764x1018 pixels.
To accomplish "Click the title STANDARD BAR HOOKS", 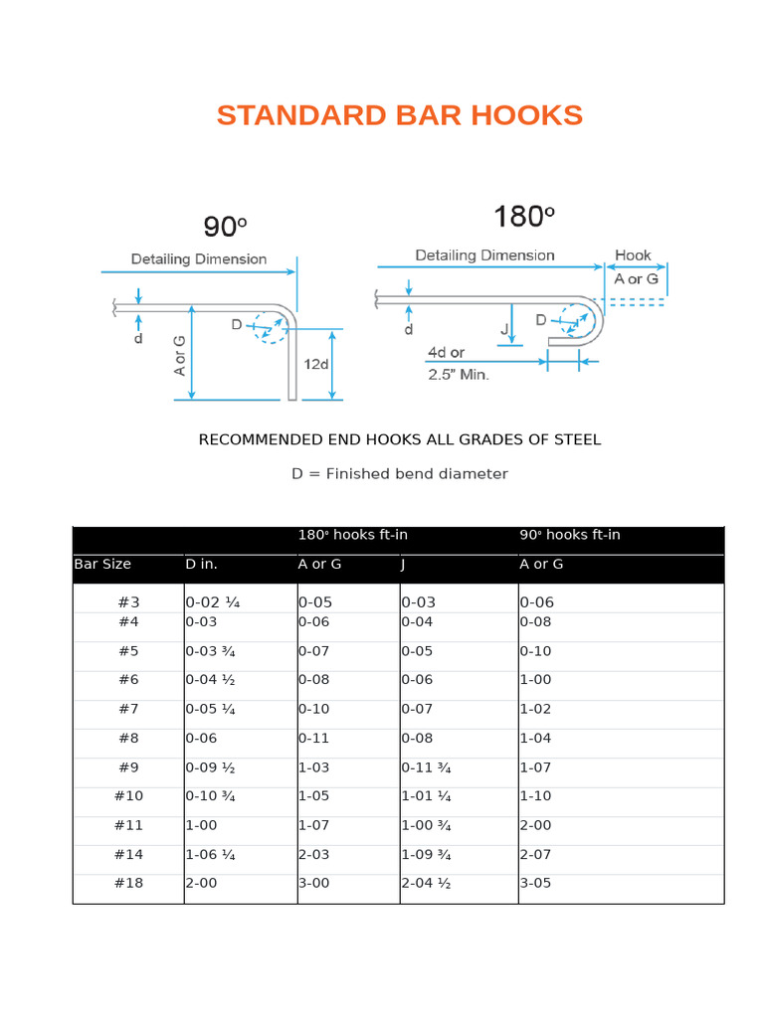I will point(399,115).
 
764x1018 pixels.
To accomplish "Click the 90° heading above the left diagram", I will point(225,227).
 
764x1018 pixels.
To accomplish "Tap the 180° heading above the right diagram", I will point(523,217).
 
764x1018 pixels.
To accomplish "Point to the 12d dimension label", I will point(316,365).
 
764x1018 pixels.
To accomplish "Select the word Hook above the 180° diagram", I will point(633,255).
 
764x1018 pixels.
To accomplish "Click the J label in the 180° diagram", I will point(505,329).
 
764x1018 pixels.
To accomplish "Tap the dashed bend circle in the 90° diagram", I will point(270,326).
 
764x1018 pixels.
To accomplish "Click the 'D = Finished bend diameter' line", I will point(399,474).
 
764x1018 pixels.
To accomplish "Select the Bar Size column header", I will point(102,564).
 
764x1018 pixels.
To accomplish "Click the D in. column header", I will point(202,564).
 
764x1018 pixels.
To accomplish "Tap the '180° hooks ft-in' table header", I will point(353,535).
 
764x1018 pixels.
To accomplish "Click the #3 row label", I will point(128,602).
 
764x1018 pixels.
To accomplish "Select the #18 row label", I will point(128,883).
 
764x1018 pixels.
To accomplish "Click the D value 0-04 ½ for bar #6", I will point(213,680).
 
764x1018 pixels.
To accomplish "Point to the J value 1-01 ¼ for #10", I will point(428,796).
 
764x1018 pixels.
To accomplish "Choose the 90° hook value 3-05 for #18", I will point(536,883).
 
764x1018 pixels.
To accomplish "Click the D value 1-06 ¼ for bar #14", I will point(211,854).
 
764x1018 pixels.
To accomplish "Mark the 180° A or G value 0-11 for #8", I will point(313,739).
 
